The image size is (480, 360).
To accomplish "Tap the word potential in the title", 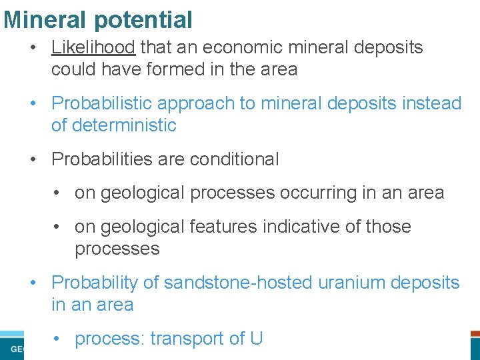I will [x=143, y=21].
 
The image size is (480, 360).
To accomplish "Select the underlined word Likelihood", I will [x=93, y=47].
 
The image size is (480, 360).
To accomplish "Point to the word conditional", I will [x=234, y=159].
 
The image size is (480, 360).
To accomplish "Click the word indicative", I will [x=304, y=227].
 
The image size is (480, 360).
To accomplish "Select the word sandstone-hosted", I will [x=238, y=283].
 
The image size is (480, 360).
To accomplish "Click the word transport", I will [x=187, y=339].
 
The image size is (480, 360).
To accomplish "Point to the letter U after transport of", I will [x=256, y=339].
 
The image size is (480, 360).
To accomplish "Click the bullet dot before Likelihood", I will [x=33, y=48].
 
